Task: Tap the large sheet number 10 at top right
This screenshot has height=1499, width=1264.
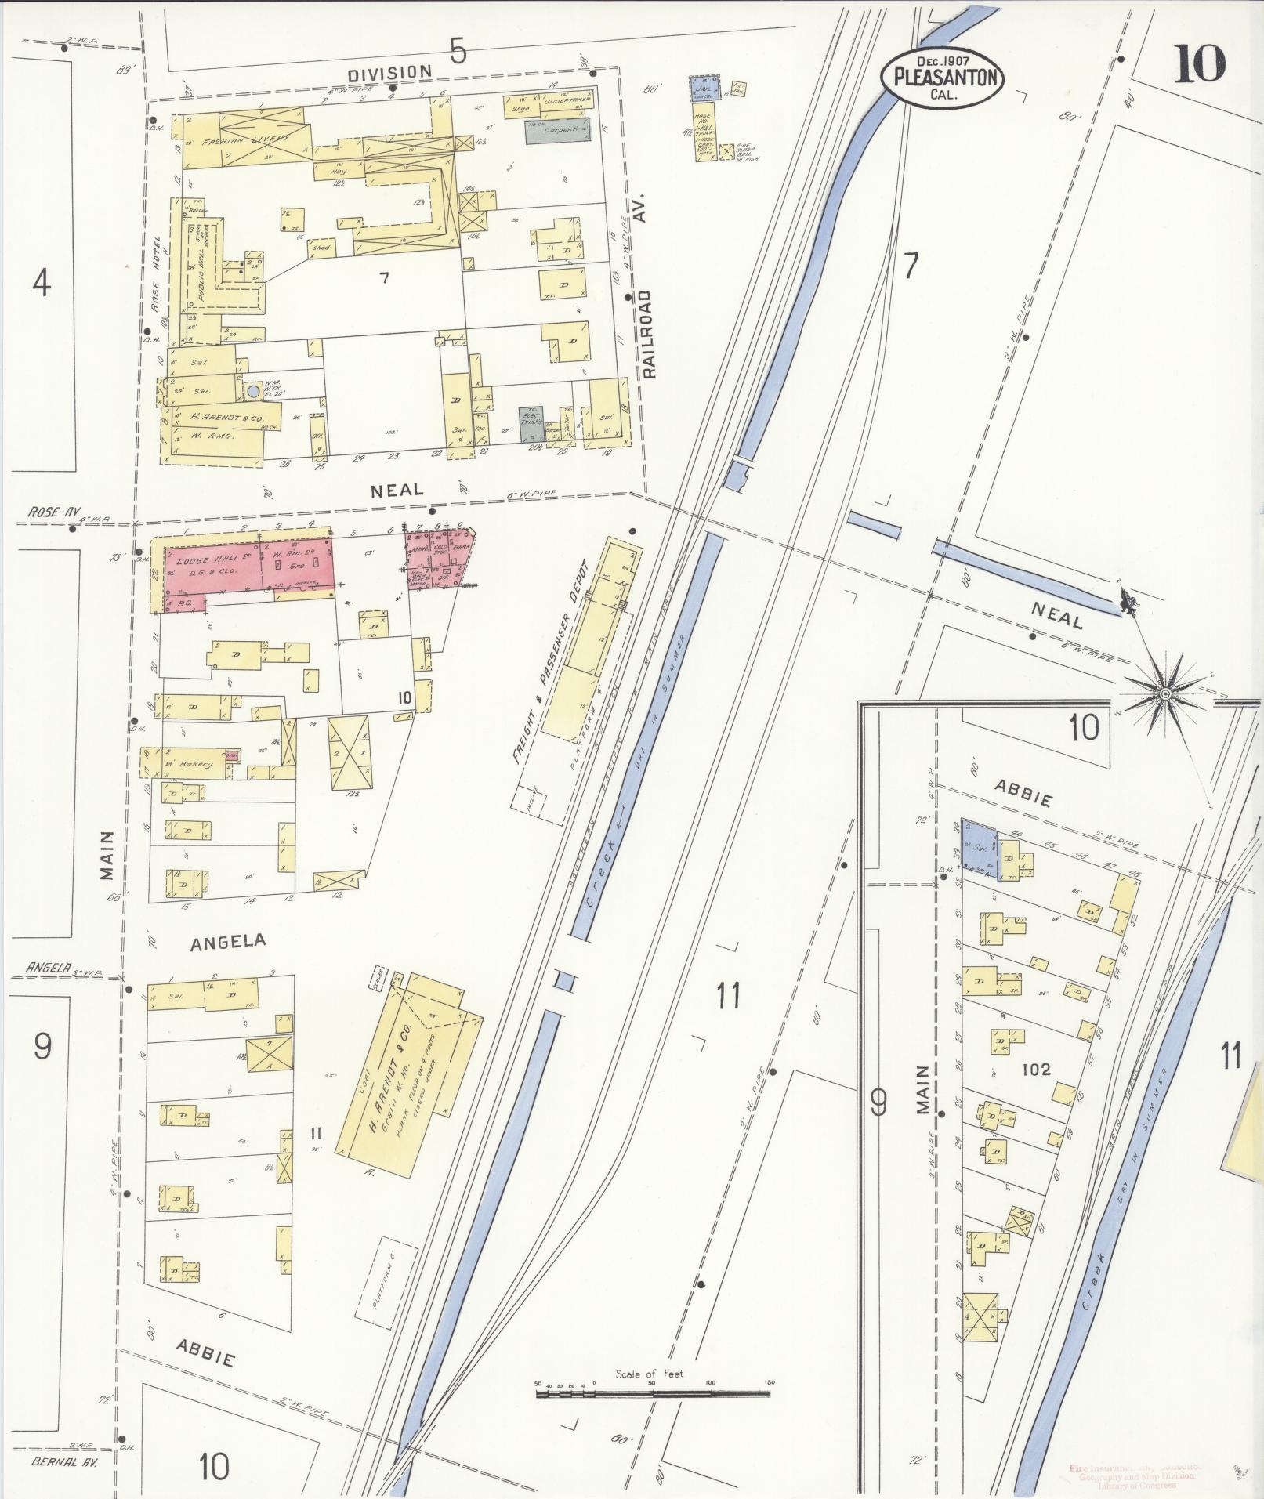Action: pyautogui.click(x=1198, y=64)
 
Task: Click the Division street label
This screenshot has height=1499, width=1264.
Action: pyautogui.click(x=390, y=72)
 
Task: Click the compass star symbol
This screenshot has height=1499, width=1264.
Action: pyautogui.click(x=1164, y=693)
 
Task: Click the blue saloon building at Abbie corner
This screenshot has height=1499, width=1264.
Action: pyautogui.click(x=978, y=848)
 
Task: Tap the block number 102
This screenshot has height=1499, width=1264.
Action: pyautogui.click(x=1035, y=1069)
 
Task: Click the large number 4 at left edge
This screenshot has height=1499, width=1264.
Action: pyautogui.click(x=42, y=282)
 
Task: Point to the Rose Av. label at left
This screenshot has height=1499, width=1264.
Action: pyautogui.click(x=49, y=512)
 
